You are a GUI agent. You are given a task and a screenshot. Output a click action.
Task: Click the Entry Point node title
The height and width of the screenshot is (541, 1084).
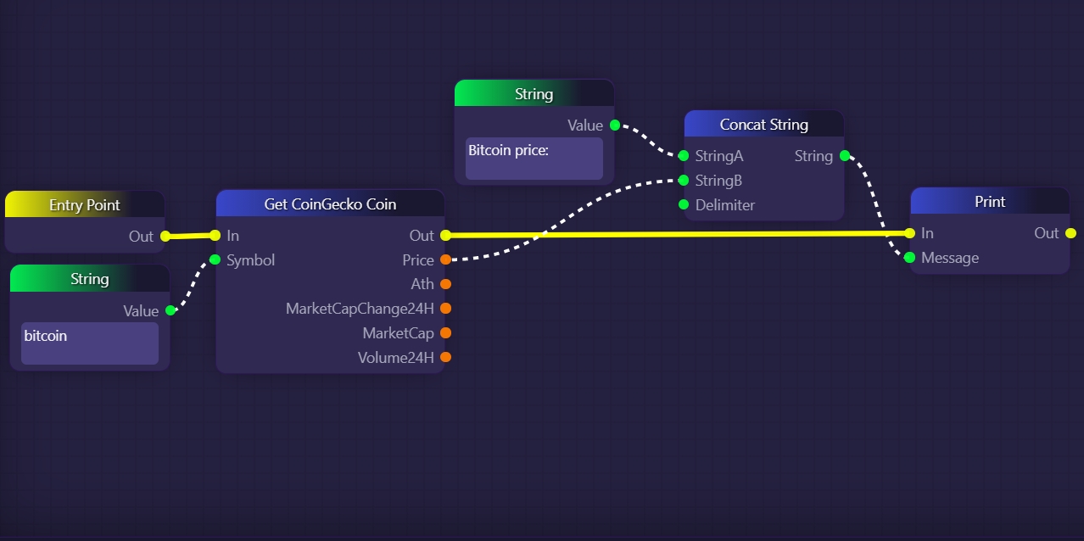coord(84,205)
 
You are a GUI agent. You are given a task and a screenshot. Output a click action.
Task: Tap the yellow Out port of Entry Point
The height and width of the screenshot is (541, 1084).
coord(165,237)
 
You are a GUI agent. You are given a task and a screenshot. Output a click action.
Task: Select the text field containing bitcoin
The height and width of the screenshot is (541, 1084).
coord(90,343)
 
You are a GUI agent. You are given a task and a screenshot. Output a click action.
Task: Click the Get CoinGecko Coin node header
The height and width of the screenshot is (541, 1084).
coord(330,204)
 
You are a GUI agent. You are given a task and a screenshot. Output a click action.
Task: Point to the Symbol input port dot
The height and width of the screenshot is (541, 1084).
coord(215,259)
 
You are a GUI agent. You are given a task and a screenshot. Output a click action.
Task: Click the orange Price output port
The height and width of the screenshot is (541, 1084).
coord(445,260)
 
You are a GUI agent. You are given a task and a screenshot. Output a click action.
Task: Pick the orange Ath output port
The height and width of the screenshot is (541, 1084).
coord(445,284)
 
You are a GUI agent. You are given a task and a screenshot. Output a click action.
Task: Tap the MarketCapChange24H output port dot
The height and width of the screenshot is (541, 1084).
coord(445,309)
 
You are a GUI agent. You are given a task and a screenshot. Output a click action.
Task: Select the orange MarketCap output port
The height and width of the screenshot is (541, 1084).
coord(445,333)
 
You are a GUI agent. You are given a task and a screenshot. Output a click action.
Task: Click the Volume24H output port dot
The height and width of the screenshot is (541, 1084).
coord(445,357)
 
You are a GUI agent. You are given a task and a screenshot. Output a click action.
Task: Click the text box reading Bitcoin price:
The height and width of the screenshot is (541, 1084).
coord(534,159)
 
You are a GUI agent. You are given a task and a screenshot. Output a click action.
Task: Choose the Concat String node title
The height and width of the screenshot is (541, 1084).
coord(763,125)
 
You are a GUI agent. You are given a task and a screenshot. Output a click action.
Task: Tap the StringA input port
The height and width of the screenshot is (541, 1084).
coord(684,156)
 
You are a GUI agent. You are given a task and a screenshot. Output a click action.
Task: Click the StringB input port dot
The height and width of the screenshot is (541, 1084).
coord(684,181)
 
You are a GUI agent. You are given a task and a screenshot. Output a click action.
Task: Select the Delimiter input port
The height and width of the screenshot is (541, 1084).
coord(684,204)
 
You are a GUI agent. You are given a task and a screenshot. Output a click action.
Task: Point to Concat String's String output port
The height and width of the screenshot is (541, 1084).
coord(844,156)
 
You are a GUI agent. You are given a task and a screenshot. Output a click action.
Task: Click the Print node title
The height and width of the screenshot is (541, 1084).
coord(989,202)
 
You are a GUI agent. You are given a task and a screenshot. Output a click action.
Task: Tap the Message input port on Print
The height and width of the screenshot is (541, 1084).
coord(910,258)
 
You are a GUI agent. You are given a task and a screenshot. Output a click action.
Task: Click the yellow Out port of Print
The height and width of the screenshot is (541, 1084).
coord(1070,233)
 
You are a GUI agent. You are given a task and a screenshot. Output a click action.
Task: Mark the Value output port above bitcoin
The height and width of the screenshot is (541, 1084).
coord(170,310)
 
